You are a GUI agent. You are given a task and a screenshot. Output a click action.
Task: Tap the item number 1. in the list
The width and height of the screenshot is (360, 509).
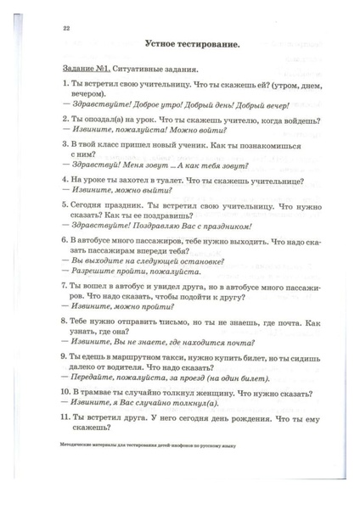[x=66, y=87]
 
